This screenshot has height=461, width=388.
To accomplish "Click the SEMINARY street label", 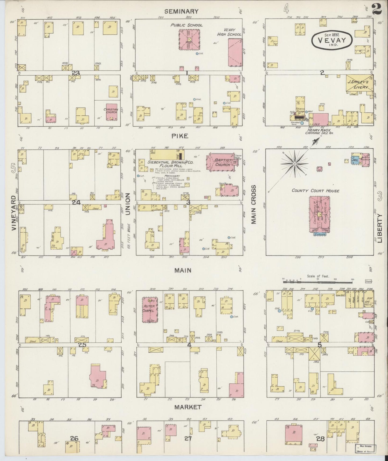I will click(181, 11).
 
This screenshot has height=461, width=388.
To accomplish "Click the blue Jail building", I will click(356, 160).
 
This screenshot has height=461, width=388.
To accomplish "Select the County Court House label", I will click(316, 191).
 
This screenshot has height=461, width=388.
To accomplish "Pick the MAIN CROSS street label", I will click(253, 204).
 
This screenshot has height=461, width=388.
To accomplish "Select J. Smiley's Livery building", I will click(359, 84).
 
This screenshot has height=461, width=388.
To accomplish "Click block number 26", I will click(74, 439).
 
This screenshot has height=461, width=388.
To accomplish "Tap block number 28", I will click(321, 439).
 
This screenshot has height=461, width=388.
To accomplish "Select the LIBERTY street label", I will click(379, 228).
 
